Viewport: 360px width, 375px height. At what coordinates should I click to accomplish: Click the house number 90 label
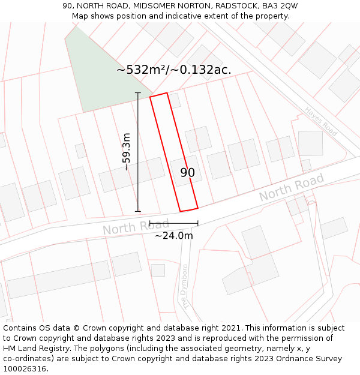188,173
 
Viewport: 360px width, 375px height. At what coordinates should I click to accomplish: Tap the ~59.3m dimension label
126,152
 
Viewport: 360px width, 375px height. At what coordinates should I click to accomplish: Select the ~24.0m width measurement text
174,236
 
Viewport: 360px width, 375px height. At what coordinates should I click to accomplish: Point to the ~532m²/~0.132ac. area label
174,70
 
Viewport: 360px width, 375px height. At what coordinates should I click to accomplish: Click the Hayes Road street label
321,121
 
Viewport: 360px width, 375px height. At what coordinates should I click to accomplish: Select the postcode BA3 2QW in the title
280,5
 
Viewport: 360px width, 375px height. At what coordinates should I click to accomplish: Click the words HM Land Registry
35,349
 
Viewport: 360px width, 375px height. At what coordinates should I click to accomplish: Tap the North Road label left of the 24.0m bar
128,226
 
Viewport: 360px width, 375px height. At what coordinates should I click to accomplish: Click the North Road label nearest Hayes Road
292,187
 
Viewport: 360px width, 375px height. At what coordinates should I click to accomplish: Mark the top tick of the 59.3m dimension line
138,93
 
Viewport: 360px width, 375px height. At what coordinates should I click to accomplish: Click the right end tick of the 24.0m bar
198,223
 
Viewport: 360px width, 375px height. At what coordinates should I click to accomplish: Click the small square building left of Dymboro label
158,270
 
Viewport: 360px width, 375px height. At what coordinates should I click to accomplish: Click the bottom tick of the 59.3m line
138,211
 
